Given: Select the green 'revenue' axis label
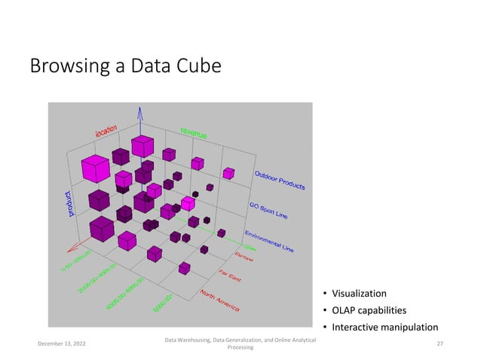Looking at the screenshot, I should click(193, 133).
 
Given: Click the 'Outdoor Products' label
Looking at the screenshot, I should click(279, 178).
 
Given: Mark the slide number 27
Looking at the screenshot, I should click(439, 343).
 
